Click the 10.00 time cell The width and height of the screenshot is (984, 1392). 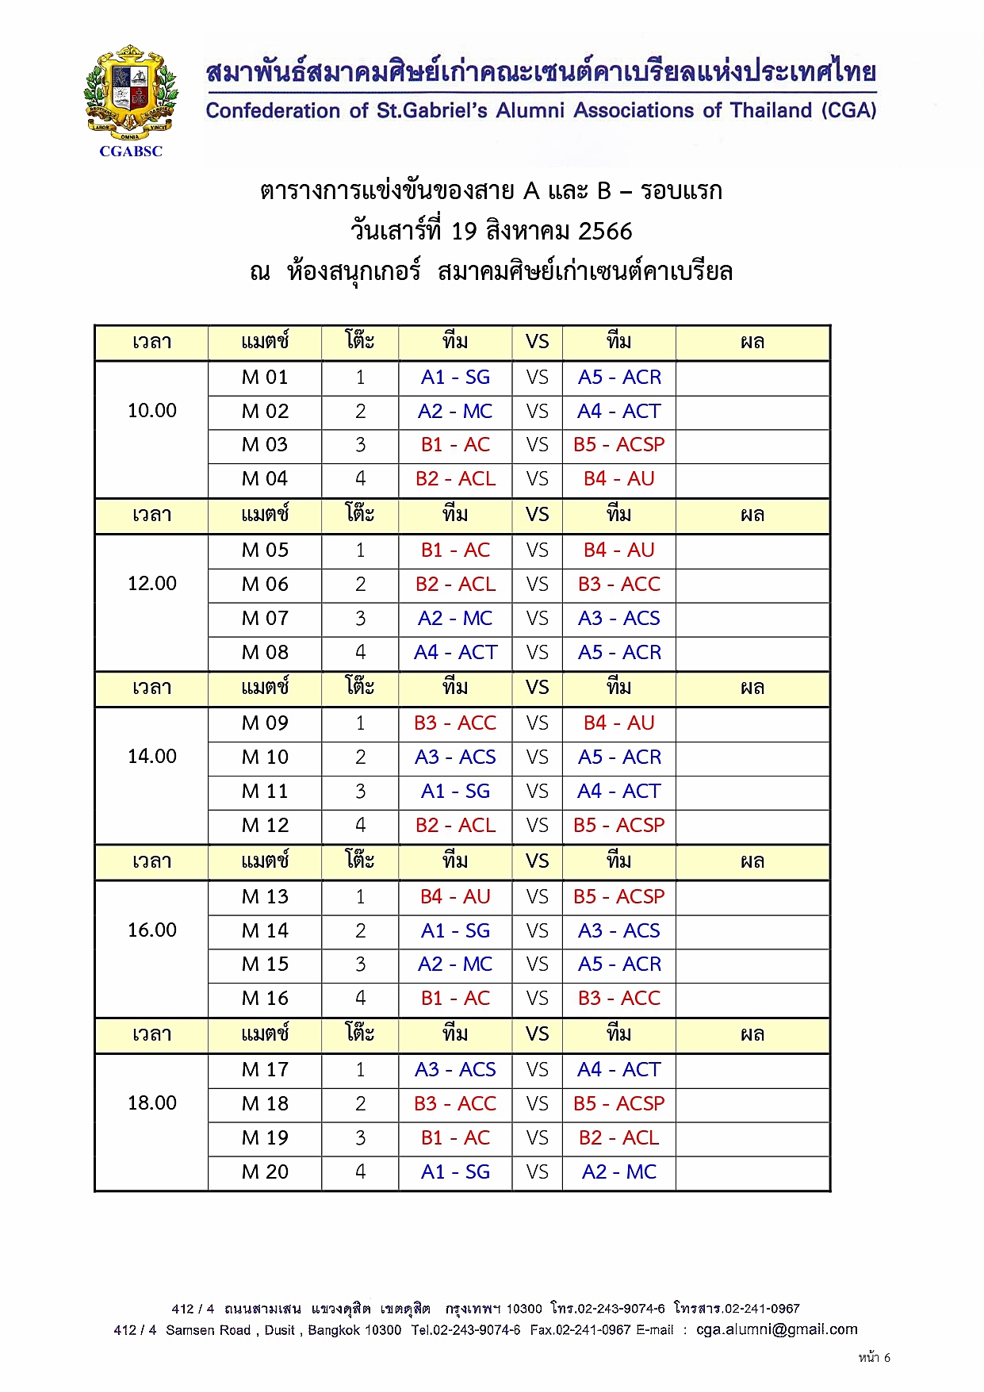pyautogui.click(x=152, y=411)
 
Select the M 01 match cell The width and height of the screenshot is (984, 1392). pyautogui.click(x=265, y=378)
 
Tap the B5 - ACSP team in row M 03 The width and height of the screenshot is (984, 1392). pyautogui.click(x=618, y=445)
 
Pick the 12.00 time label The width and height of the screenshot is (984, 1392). pyautogui.click(x=152, y=584)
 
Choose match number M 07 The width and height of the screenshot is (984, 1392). pyautogui.click(x=265, y=619)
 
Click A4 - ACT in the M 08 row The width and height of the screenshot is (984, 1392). pyautogui.click(x=455, y=653)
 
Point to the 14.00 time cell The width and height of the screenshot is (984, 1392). pyautogui.click(x=152, y=757)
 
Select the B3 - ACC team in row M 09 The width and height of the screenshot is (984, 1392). pyautogui.click(x=455, y=723)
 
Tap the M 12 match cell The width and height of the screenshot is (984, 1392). pyautogui.click(x=265, y=826)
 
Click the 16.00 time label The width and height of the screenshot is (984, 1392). pyautogui.click(x=152, y=930)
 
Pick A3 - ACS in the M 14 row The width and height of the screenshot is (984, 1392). pyautogui.click(x=618, y=930)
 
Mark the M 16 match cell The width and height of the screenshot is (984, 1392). pyautogui.click(x=265, y=999)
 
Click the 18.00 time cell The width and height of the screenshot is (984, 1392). pyautogui.click(x=152, y=1103)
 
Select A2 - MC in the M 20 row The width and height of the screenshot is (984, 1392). pyautogui.click(x=618, y=1172)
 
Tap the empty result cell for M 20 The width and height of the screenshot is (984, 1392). pyautogui.click(x=752, y=1172)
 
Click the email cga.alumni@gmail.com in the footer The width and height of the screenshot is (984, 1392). pyautogui.click(x=776, y=1329)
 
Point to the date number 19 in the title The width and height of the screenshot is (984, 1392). pyautogui.click(x=464, y=232)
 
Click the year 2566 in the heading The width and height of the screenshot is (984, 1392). pyautogui.click(x=605, y=232)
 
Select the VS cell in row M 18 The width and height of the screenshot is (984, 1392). pyautogui.click(x=537, y=1104)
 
